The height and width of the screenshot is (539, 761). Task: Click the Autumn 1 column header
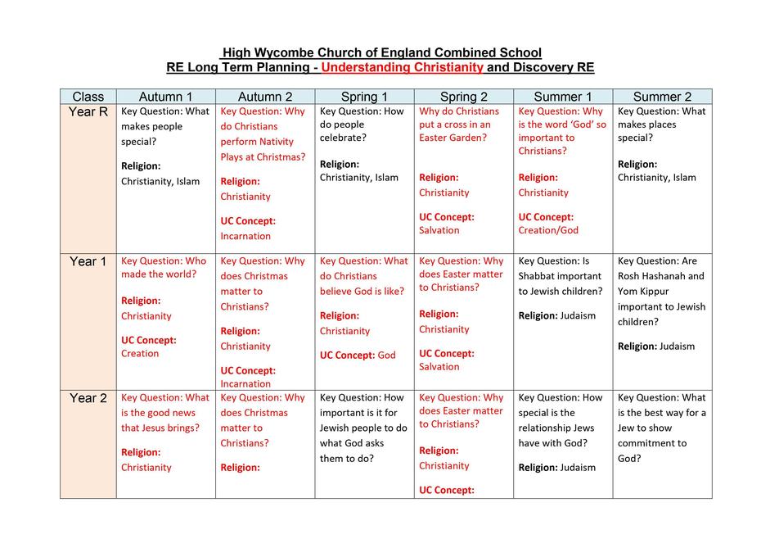point(165,97)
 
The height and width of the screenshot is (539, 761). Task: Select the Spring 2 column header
point(463,97)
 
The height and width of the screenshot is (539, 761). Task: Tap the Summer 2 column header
point(661,97)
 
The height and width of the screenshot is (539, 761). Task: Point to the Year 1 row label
point(88,262)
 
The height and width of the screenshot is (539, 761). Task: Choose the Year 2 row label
point(88,399)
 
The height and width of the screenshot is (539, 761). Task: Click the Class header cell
point(88,97)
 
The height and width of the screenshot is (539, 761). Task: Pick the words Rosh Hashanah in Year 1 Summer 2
point(661,276)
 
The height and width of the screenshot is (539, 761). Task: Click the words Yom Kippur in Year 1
point(644,292)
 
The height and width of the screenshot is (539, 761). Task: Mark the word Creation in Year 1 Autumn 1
point(140,354)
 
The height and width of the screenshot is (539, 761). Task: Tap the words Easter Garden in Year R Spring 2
point(453,138)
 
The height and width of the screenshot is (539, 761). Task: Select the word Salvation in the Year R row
point(439,231)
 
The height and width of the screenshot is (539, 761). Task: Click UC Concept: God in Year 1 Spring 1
point(358,356)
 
